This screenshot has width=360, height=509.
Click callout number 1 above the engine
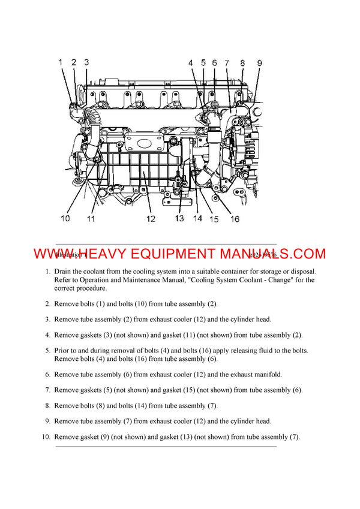pyautogui.click(x=61, y=62)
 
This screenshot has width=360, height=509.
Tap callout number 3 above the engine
pyautogui.click(x=86, y=62)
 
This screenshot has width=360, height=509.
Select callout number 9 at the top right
pyautogui.click(x=259, y=62)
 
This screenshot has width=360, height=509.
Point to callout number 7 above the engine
pyautogui.click(x=227, y=62)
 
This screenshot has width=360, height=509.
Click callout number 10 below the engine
pyautogui.click(x=65, y=218)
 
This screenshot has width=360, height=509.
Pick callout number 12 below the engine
pyautogui.click(x=151, y=219)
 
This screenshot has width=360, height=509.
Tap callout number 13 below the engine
pyautogui.click(x=179, y=218)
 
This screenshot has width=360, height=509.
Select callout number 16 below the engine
pyautogui.click(x=235, y=219)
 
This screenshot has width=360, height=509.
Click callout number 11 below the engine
pyautogui.click(x=91, y=219)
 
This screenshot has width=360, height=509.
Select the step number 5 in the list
pyautogui.click(x=47, y=351)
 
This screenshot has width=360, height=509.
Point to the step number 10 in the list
pyautogui.click(x=46, y=437)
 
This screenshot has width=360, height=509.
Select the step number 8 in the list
pyautogui.click(x=47, y=406)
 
